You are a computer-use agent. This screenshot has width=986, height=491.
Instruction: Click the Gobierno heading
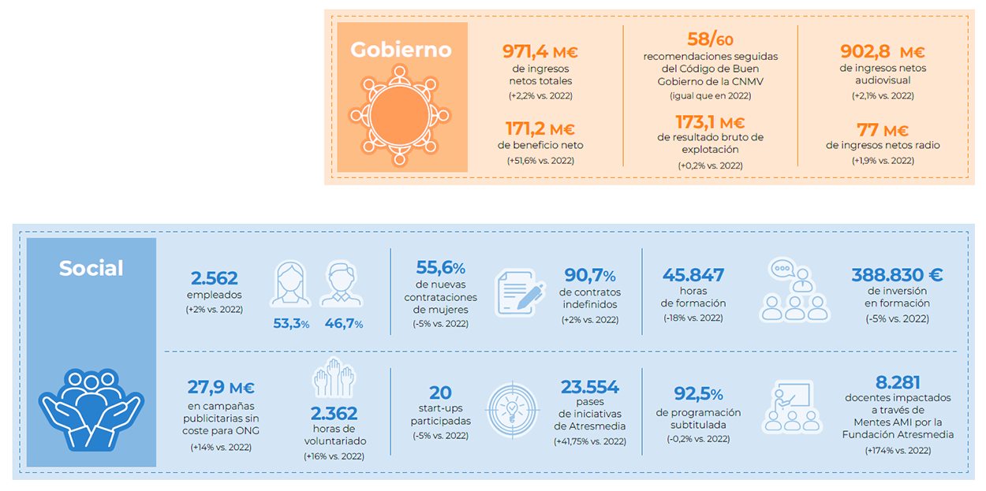tap(401, 50)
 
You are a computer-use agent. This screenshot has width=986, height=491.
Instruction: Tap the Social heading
tap(92, 268)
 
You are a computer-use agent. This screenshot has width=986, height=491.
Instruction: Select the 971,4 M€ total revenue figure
tap(540, 53)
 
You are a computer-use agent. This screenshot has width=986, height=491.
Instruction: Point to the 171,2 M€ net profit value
tap(540, 129)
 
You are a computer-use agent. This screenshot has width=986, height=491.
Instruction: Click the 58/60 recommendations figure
tap(710, 39)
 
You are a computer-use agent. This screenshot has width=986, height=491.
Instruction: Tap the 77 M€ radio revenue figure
tap(883, 130)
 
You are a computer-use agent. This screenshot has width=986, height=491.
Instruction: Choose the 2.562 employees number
tap(214, 277)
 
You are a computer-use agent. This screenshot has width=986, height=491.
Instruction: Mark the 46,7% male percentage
tap(343, 324)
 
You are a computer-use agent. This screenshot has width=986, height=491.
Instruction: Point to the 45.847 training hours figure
tap(693, 275)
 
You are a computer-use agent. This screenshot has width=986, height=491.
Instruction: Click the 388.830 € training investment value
tap(897, 275)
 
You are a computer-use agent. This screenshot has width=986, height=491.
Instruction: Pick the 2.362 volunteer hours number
tap(334, 413)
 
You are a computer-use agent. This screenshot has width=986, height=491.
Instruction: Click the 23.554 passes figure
tap(589, 387)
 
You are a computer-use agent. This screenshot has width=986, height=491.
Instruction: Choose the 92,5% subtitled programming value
tap(698, 393)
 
